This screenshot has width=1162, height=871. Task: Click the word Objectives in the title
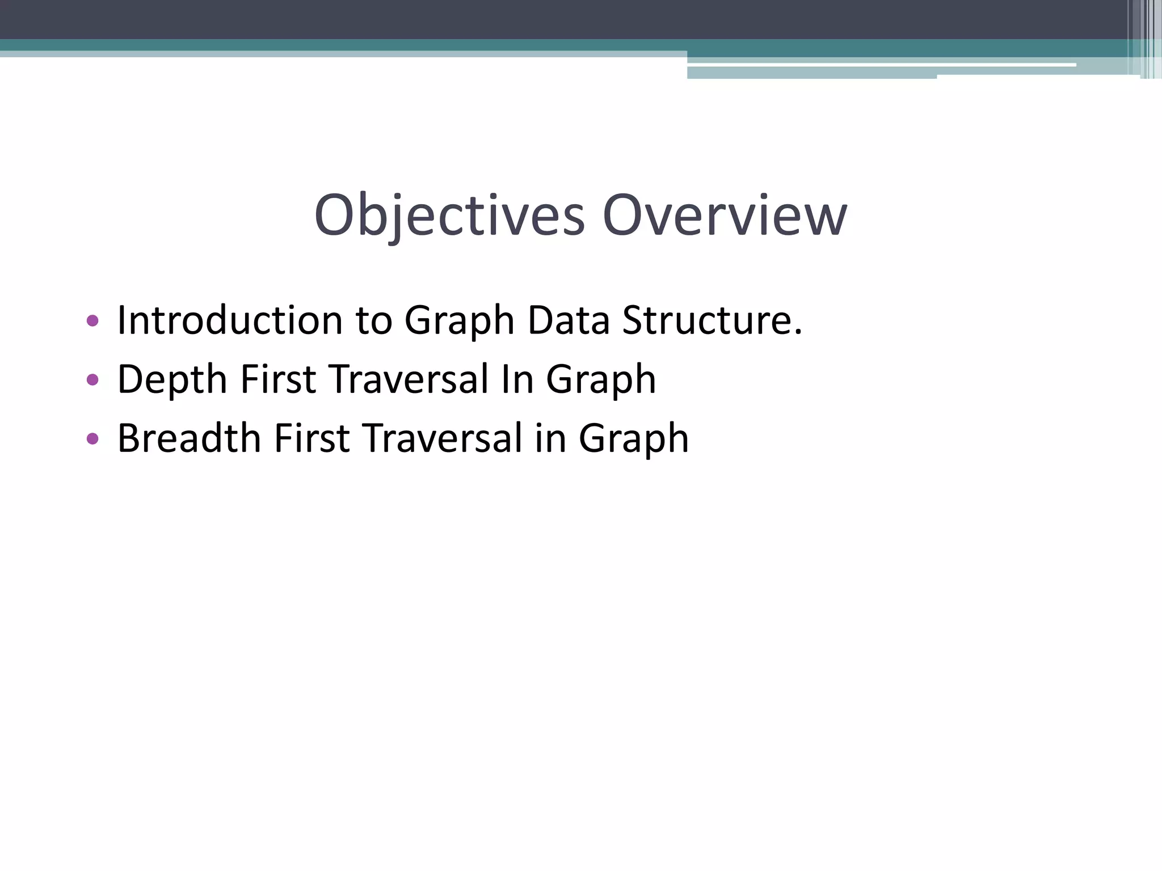[449, 216]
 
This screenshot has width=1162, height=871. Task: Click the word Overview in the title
[725, 216]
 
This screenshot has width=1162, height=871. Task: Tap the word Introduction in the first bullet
[230, 320]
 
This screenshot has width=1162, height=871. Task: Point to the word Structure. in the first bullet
[712, 320]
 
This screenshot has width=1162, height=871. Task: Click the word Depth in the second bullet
[172, 379]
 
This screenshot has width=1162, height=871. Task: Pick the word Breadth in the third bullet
[189, 438]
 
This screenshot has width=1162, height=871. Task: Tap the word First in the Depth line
[278, 379]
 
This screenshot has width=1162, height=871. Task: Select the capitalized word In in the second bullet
[517, 379]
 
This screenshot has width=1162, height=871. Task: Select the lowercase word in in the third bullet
[550, 438]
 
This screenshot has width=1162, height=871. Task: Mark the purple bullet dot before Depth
[92, 380]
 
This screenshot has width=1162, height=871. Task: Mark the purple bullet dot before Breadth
[92, 439]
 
